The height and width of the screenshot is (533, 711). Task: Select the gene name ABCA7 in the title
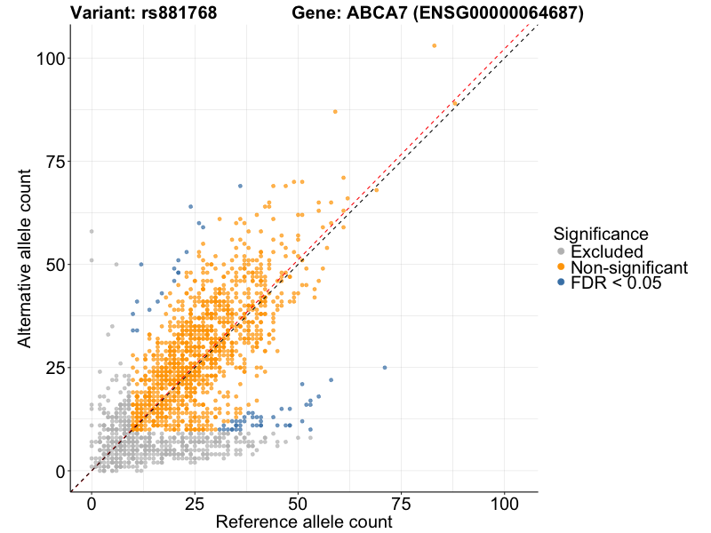[379, 13]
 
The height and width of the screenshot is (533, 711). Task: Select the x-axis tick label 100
[505, 504]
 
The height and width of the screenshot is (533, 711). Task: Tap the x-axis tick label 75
[402, 504]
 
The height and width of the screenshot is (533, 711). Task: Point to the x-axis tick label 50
[298, 504]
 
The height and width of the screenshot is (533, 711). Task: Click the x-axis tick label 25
[195, 504]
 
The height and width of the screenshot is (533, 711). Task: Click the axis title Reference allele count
[304, 522]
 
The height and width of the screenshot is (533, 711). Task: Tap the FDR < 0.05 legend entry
[621, 283]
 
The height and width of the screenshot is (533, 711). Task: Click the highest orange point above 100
[434, 45]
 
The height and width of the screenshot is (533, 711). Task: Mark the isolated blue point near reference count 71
[385, 367]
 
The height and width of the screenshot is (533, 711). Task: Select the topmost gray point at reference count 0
[92, 231]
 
